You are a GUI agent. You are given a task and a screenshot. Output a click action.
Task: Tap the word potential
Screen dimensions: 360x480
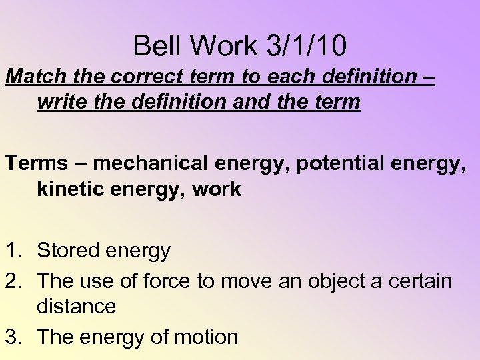click(328, 163)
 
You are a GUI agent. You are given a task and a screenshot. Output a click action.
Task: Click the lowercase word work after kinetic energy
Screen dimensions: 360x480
click(216, 189)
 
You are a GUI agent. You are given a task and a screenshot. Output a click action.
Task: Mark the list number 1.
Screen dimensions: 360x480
click(13, 251)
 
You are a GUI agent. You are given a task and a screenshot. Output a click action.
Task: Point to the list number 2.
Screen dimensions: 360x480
click(13, 281)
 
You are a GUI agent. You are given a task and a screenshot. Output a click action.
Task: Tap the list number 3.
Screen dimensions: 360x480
click(13, 337)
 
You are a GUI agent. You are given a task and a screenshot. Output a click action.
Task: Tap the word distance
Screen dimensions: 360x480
click(76, 307)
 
